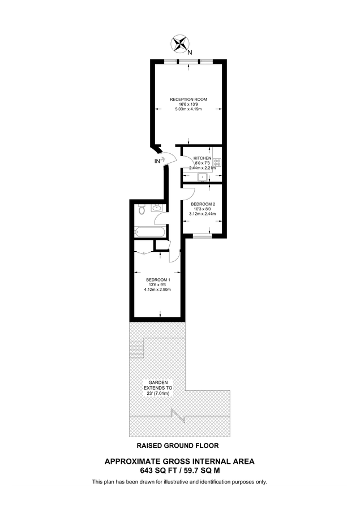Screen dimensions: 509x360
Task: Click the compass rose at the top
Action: (x=181, y=43)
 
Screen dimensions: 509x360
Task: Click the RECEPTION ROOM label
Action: (x=188, y=100)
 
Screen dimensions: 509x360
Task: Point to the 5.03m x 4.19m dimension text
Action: (x=188, y=110)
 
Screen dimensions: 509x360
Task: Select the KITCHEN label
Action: (x=202, y=158)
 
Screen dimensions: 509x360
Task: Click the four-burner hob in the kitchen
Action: (x=216, y=163)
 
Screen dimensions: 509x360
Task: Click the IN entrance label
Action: (x=157, y=161)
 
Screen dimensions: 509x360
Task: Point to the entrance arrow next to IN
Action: (x=164, y=160)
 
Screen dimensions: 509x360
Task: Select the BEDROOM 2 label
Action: (x=203, y=204)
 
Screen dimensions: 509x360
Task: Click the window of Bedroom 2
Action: (x=202, y=236)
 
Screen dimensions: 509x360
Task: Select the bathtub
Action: (x=150, y=232)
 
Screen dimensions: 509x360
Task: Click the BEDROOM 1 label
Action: (x=158, y=280)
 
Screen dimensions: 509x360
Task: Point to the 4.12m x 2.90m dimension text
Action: (x=158, y=290)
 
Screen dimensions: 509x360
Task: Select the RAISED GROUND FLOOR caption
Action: (x=179, y=445)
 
